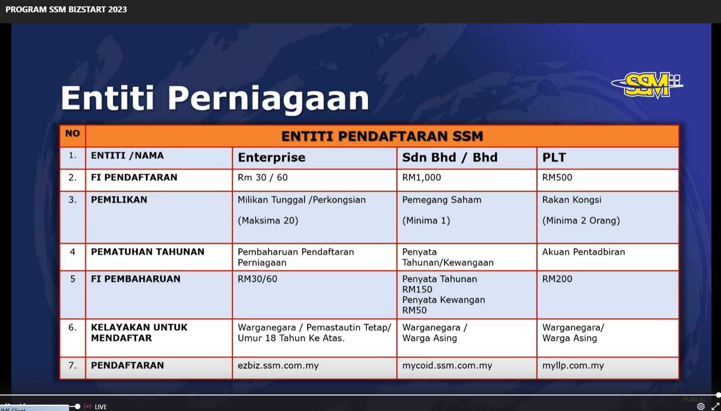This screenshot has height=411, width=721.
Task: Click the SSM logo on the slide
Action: point(647,85)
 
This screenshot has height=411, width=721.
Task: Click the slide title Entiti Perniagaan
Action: point(215,98)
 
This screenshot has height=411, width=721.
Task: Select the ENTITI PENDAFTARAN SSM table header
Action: point(382,136)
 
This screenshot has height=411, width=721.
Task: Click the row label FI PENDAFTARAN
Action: point(134,178)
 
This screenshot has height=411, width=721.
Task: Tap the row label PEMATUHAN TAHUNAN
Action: point(147,252)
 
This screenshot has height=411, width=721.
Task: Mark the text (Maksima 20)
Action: point(268,221)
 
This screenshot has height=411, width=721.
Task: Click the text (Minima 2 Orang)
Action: point(581,221)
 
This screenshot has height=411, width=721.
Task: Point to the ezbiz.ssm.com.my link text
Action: point(278,366)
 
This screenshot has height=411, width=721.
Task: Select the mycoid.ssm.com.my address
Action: point(447,366)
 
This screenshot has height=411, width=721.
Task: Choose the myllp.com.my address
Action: point(573,366)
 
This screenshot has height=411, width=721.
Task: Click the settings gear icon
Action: point(701,406)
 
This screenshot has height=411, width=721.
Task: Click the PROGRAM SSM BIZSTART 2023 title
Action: point(66,10)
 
